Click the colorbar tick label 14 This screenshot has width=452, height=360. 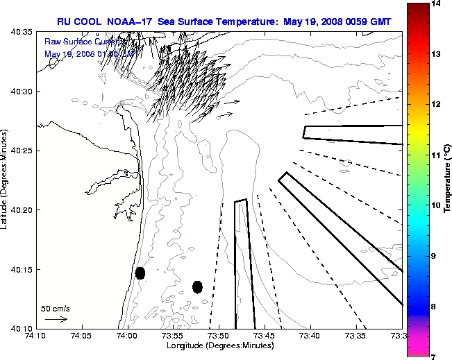click(x=438, y=3)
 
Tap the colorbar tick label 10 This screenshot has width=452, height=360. click(x=438, y=205)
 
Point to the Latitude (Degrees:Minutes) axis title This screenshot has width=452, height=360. click(x=6, y=180)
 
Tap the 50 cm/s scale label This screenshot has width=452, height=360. click(x=56, y=309)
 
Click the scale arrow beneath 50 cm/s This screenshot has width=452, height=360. click(x=56, y=320)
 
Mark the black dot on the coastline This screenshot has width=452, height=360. click(x=140, y=273)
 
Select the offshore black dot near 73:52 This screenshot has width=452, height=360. click(x=197, y=286)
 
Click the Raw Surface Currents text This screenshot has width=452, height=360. click(x=76, y=42)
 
